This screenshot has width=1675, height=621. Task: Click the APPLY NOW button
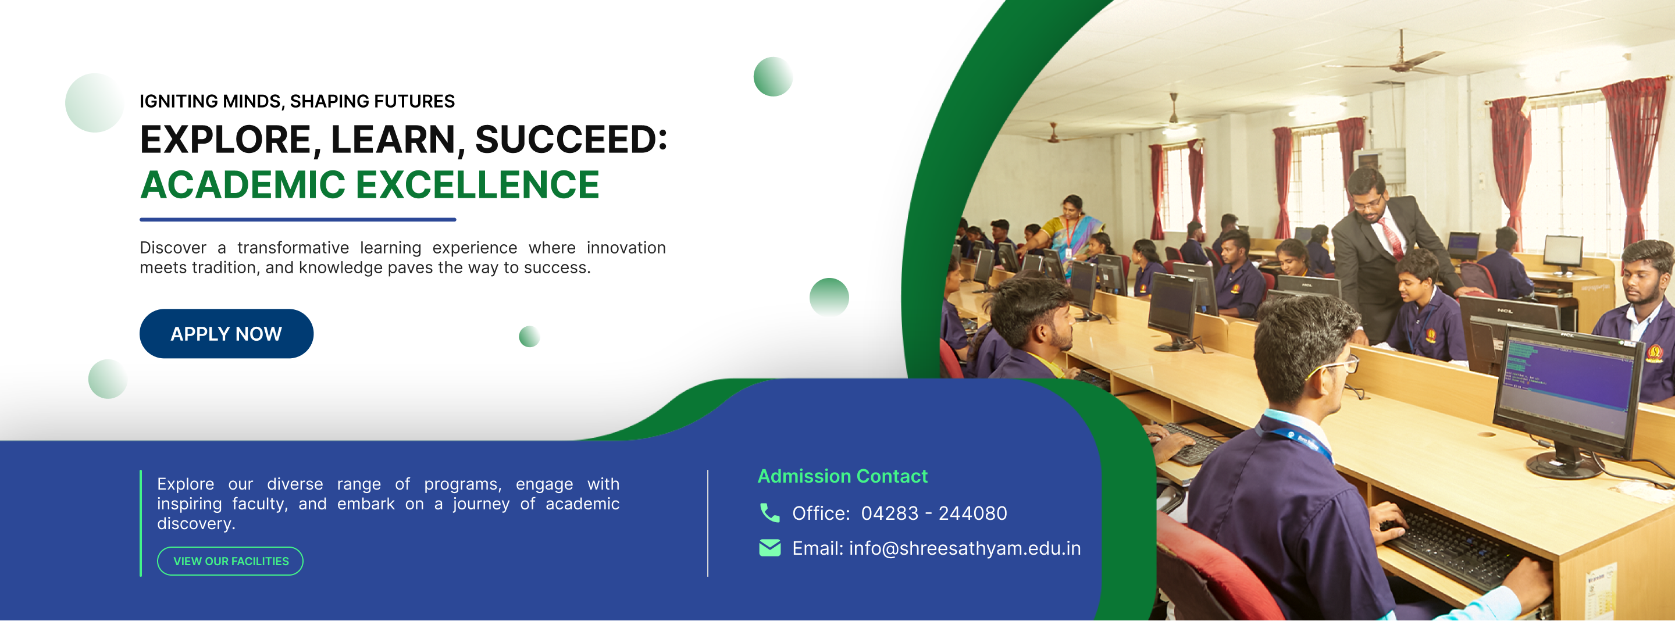[226, 334]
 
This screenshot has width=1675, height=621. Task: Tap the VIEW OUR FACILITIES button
[230, 561]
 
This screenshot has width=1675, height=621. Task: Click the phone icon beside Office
[770, 513]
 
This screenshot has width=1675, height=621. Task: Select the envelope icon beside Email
[770, 548]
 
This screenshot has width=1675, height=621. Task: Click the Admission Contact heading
[843, 476]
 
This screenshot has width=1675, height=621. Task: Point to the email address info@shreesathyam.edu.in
[965, 549]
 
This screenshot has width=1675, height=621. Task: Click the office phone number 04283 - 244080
[933, 513]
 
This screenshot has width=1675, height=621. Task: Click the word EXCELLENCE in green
[478, 185]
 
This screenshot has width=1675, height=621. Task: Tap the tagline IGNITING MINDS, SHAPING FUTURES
[297, 101]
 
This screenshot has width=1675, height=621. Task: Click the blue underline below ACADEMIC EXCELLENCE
[298, 220]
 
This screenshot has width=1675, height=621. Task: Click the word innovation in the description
[626, 248]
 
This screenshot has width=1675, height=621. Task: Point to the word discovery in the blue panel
[196, 523]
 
